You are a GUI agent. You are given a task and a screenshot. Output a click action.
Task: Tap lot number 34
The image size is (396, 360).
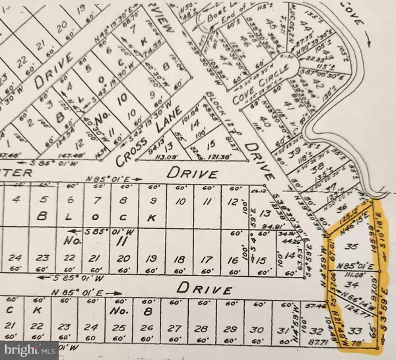click(x=352, y=285)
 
